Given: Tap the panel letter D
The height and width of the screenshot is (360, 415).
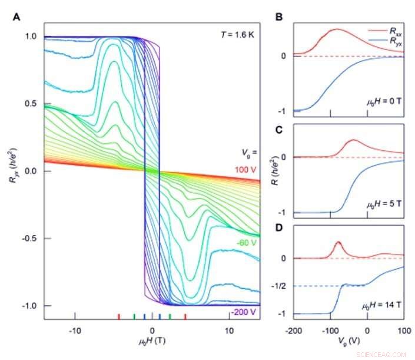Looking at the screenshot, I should tap(280, 231).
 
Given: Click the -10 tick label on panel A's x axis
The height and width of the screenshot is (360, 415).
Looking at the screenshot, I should tap(74, 331).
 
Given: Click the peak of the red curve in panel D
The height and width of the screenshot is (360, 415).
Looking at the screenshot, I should tap(338, 243).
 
